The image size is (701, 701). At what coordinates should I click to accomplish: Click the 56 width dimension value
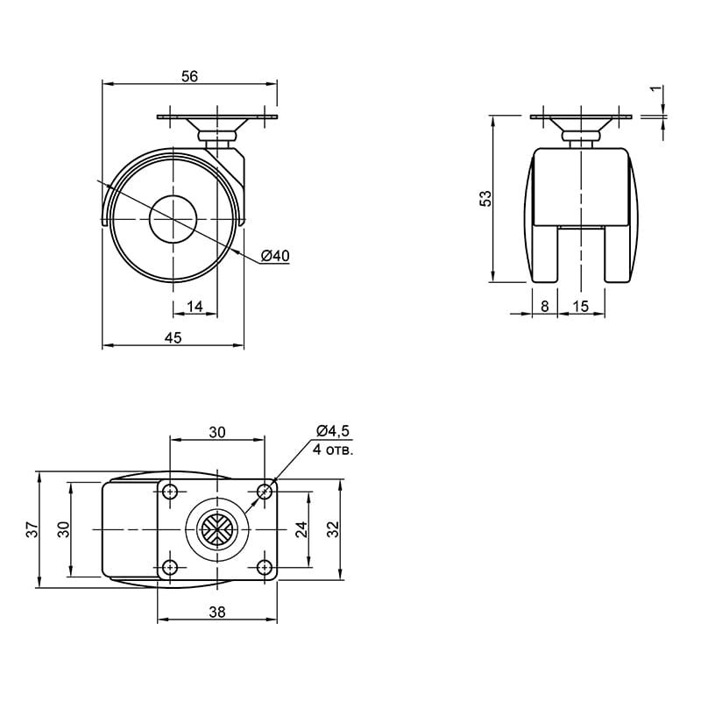(189, 76)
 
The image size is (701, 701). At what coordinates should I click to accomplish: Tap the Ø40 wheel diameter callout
(275, 256)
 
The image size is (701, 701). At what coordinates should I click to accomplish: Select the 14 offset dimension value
(195, 306)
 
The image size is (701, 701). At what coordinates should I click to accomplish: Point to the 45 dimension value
(173, 337)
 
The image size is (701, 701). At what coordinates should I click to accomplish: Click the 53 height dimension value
(485, 199)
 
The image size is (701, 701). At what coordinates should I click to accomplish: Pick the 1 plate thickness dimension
(655, 89)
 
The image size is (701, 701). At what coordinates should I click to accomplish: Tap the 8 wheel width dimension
(544, 306)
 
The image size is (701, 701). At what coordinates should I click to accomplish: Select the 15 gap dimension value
(580, 306)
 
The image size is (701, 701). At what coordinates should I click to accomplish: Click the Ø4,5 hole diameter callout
(332, 431)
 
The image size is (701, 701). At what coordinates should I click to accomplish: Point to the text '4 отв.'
(333, 450)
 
